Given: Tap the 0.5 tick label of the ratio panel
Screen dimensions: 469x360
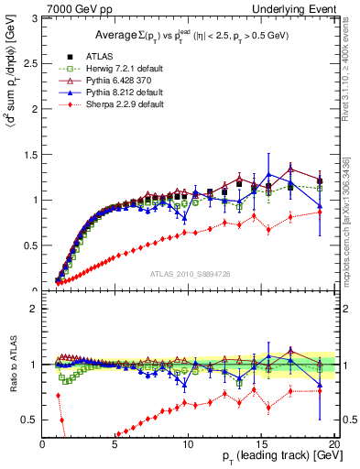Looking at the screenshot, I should (x=30, y=420).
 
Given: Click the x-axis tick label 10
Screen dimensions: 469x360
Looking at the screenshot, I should (x=189, y=444).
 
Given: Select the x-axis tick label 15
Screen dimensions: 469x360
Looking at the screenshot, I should (x=262, y=444).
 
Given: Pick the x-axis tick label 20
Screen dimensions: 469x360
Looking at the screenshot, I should (x=334, y=444).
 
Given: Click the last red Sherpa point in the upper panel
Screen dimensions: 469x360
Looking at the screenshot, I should (x=320, y=208).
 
